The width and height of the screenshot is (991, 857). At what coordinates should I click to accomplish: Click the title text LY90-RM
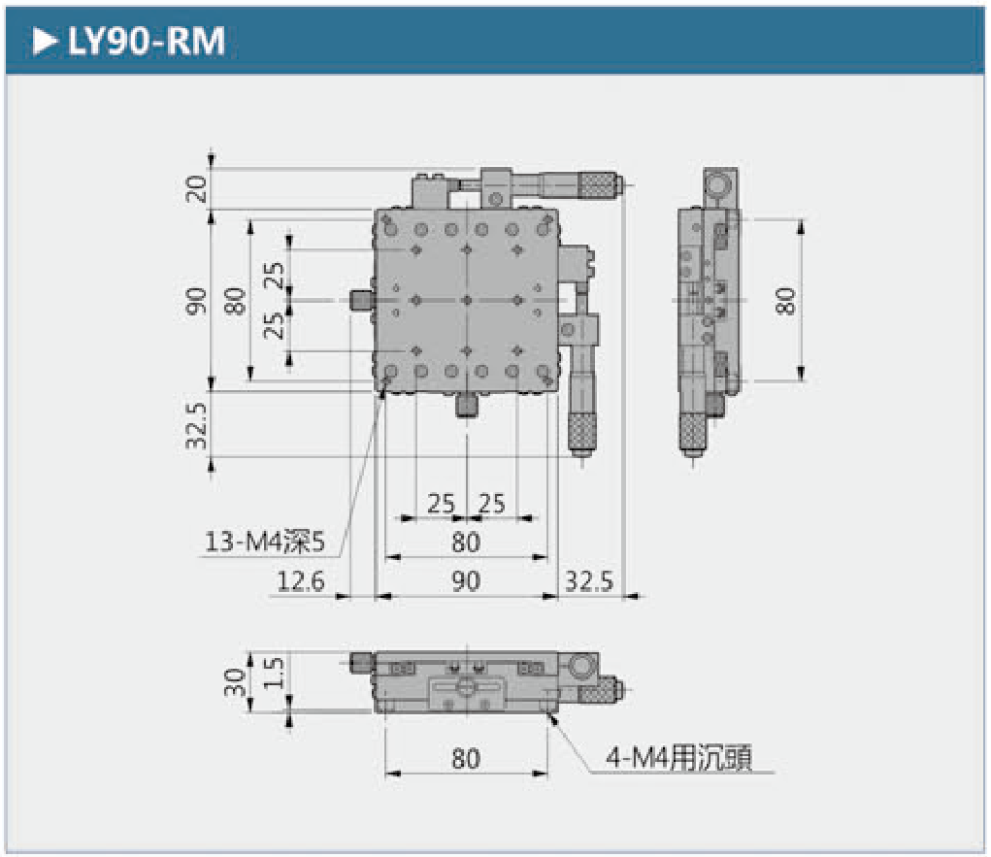click(x=147, y=42)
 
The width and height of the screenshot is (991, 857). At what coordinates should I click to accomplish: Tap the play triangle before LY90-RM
click(x=45, y=42)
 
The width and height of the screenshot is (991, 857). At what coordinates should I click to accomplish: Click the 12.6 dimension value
click(x=301, y=581)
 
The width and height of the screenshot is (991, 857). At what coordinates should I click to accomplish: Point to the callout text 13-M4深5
click(x=264, y=542)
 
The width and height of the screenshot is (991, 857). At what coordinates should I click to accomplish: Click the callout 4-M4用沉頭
click(x=678, y=757)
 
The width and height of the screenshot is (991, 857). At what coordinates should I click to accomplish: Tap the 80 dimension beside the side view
click(x=785, y=301)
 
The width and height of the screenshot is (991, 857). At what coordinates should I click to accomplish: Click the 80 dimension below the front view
click(x=466, y=758)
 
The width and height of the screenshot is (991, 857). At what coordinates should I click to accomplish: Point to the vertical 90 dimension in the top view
click(x=197, y=301)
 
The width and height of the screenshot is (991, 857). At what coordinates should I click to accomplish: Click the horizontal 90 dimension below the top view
click(x=466, y=581)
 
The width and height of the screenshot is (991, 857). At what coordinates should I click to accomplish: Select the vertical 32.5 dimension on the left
click(x=197, y=425)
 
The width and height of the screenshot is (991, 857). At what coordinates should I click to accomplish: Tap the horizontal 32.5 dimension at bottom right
click(x=589, y=581)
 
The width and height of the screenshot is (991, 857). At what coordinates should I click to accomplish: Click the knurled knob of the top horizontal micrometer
click(x=600, y=184)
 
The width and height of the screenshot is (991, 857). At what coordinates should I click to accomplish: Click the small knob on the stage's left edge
click(x=361, y=301)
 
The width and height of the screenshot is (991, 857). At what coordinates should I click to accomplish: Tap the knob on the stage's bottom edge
click(x=466, y=405)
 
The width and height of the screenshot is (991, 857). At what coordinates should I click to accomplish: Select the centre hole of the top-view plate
click(x=466, y=301)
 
